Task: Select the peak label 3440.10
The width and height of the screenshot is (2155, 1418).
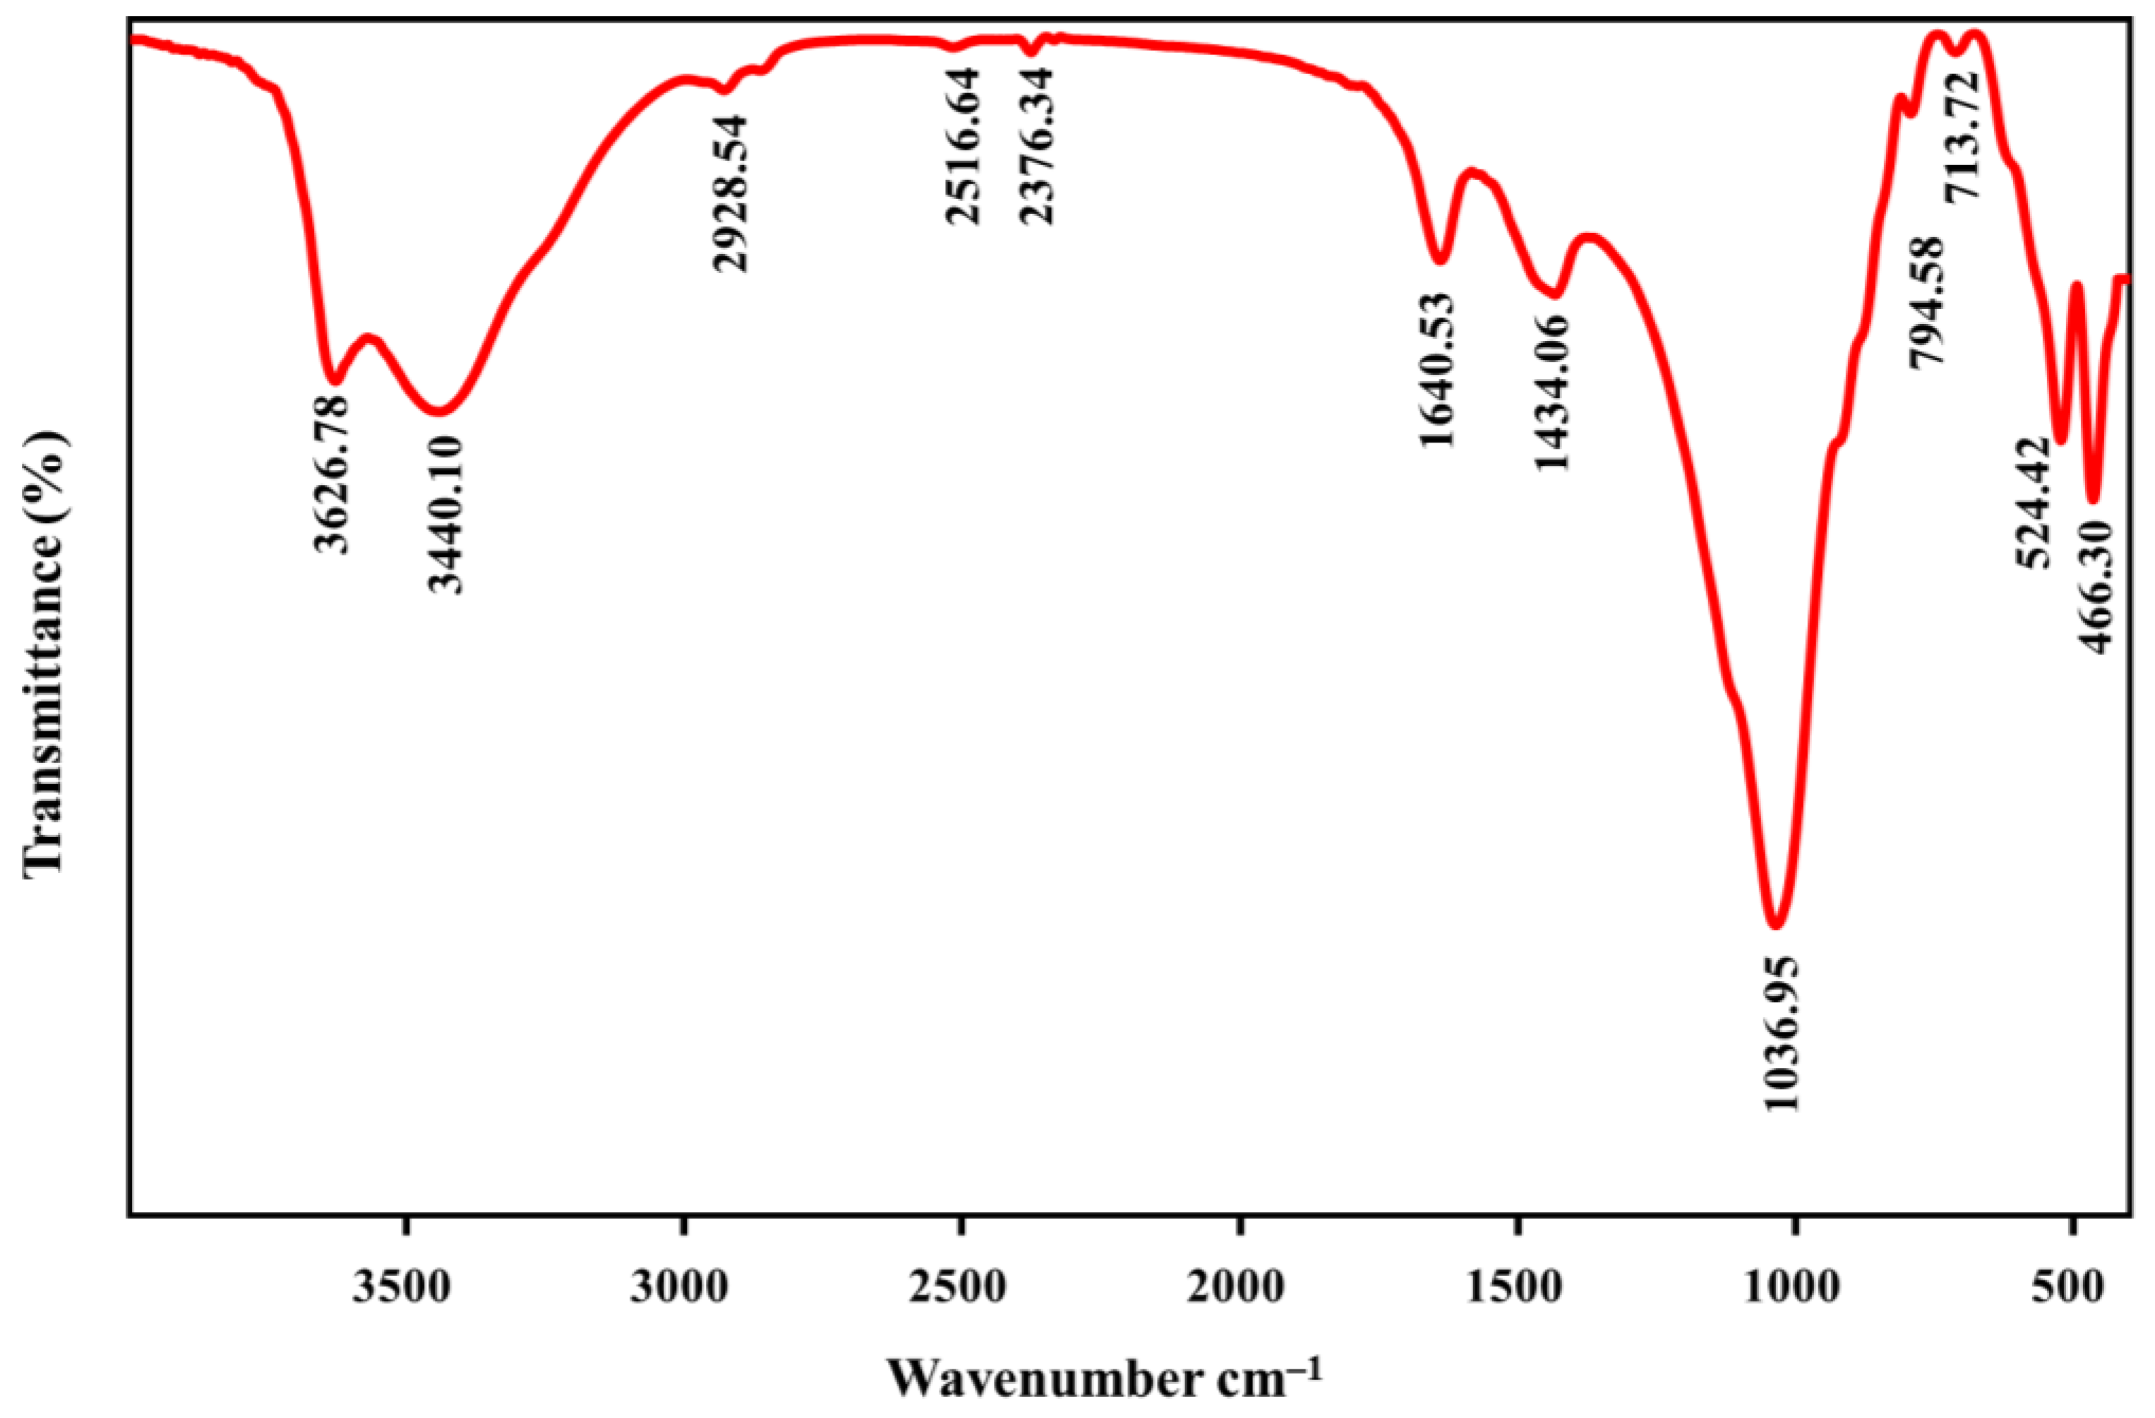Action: click(445, 513)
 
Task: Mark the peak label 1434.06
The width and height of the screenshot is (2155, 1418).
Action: click(1552, 393)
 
